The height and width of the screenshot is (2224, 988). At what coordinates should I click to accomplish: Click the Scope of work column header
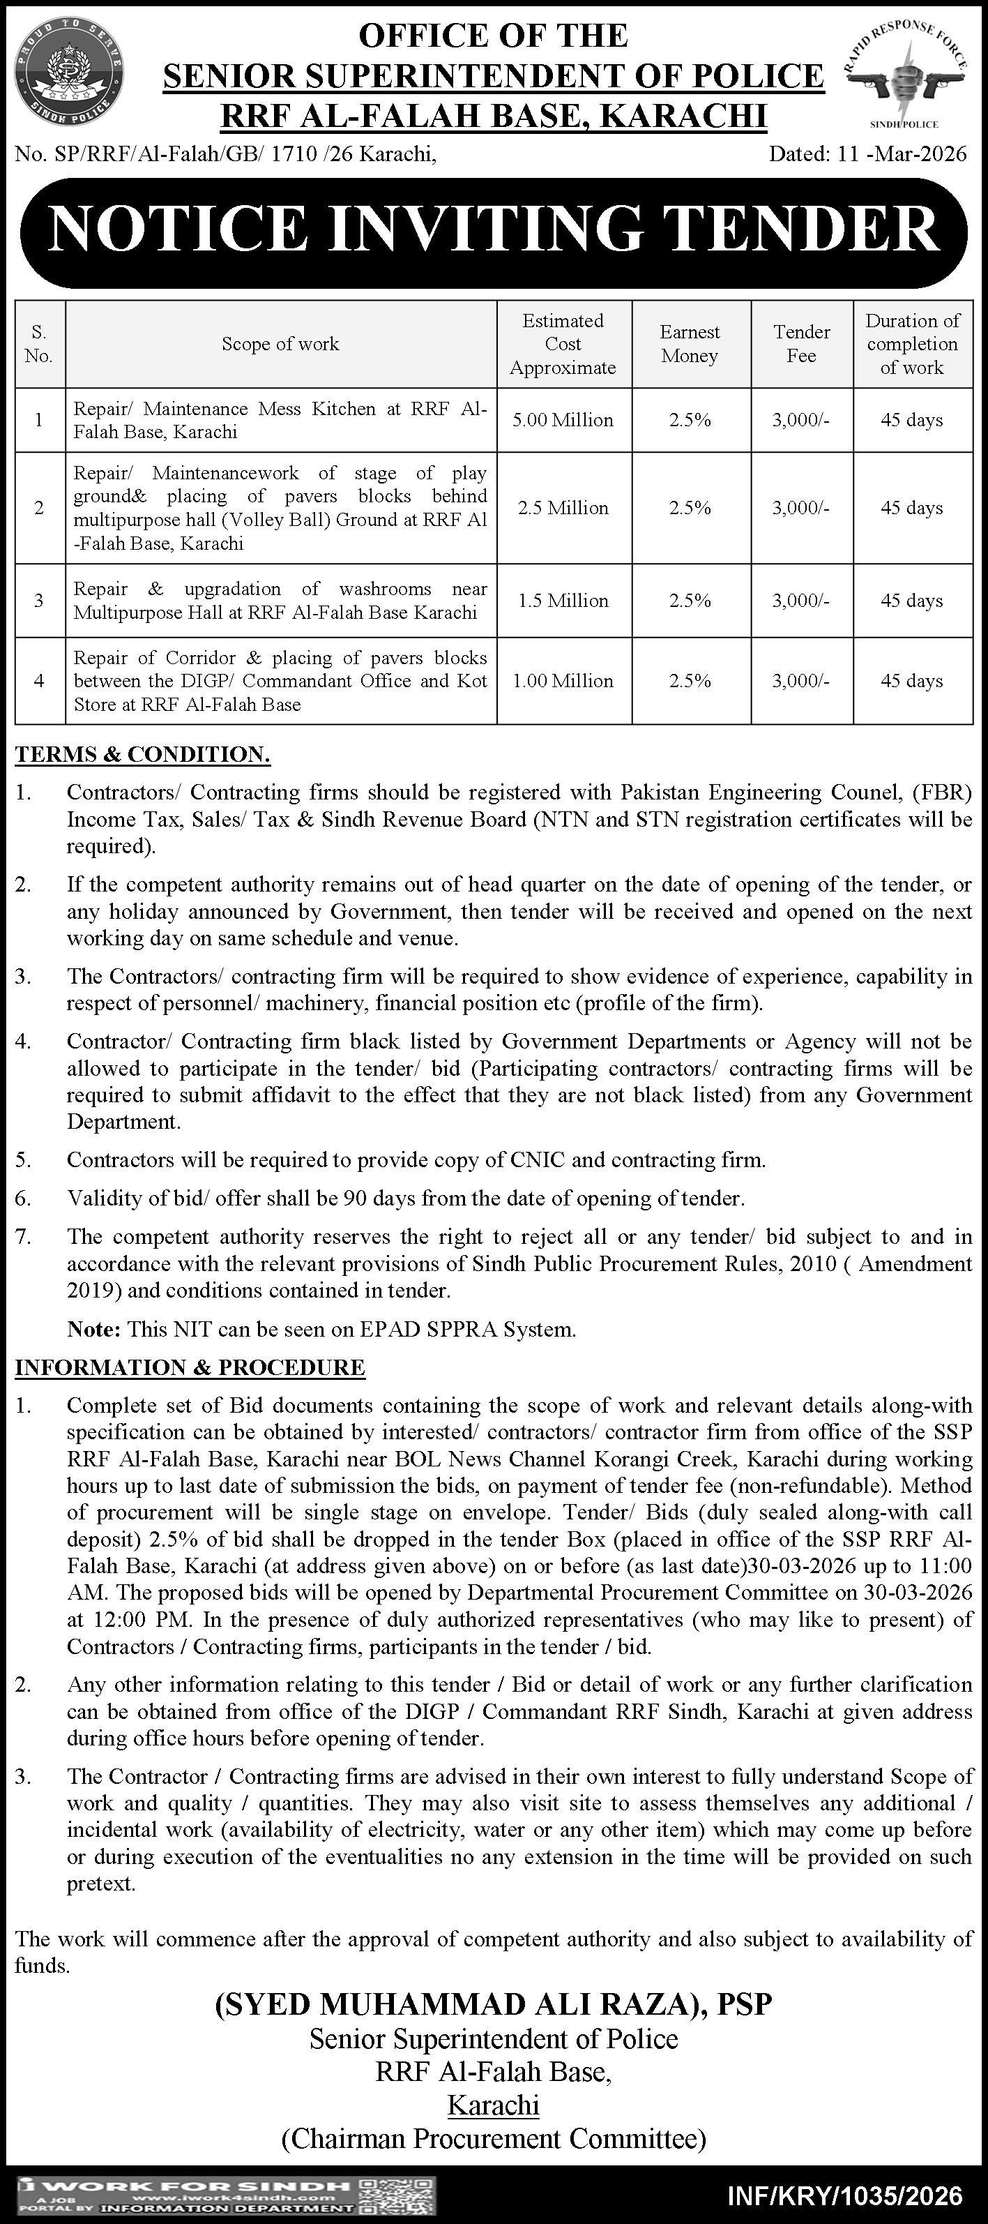(x=280, y=344)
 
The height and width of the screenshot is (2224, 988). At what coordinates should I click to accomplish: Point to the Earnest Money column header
(x=690, y=344)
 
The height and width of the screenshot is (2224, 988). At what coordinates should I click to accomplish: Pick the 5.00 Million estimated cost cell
(x=563, y=421)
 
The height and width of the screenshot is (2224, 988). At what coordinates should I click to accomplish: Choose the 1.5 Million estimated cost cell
(x=563, y=601)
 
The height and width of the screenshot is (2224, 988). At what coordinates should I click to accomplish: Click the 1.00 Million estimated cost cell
(x=563, y=681)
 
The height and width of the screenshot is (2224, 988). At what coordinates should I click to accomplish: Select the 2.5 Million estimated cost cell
(x=563, y=509)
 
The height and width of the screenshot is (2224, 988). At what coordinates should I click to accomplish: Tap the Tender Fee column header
(x=802, y=344)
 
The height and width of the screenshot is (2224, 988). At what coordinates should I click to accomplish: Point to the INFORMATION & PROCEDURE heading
(x=190, y=1367)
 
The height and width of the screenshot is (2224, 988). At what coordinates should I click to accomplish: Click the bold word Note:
(x=94, y=1330)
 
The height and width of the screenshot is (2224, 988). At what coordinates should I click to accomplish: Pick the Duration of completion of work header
(x=912, y=344)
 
